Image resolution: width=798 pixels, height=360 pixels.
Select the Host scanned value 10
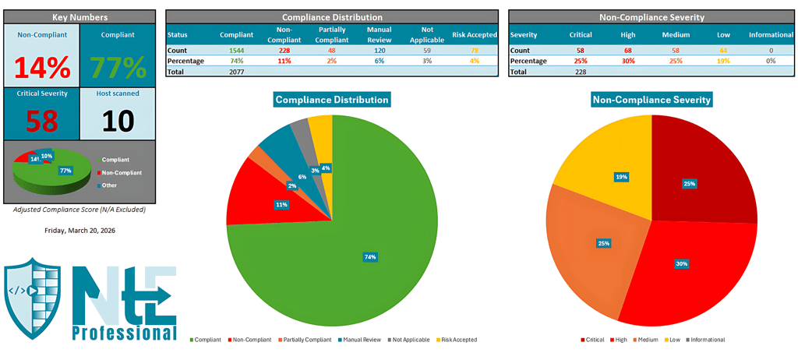[x=118, y=120]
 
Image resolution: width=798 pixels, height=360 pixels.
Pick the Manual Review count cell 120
[x=379, y=50]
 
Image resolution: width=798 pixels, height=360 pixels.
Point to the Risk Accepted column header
[x=474, y=35]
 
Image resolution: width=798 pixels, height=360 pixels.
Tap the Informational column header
[x=771, y=35]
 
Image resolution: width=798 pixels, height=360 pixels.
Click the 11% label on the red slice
[x=281, y=205]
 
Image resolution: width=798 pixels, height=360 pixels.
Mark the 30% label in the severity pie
[x=681, y=264]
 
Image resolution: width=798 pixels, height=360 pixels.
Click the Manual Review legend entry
[x=361, y=340]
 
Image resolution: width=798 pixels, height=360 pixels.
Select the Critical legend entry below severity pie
[x=593, y=340]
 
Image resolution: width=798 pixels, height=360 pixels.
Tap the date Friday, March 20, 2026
[x=80, y=231]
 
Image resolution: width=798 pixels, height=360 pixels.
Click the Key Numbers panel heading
[x=80, y=16]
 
